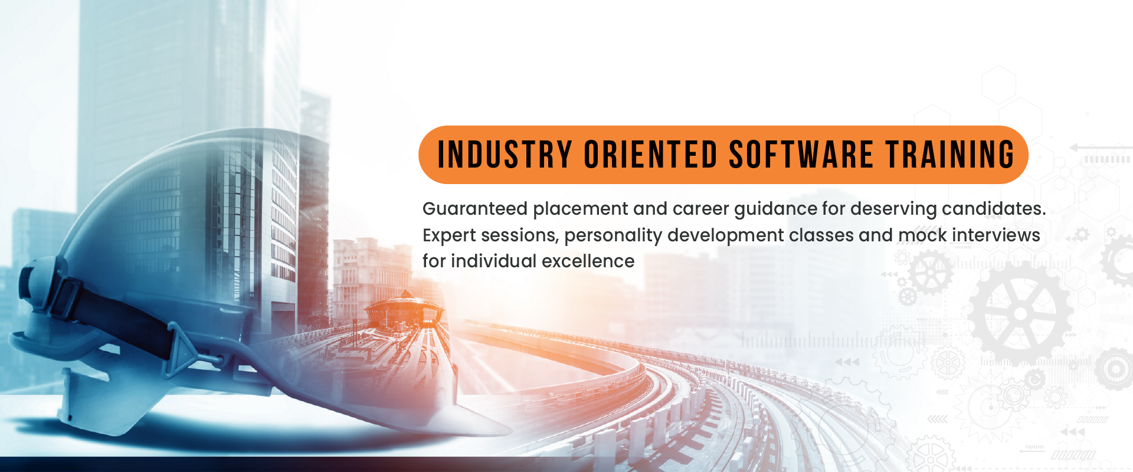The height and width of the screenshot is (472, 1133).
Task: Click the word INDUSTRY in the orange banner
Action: click(x=505, y=155)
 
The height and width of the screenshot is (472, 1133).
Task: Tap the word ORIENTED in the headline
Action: click(x=650, y=155)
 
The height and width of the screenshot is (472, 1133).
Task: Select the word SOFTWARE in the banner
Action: click(x=801, y=155)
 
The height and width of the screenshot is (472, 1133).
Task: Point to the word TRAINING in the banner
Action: click(x=950, y=155)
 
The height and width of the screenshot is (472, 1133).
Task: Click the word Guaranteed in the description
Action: click(x=475, y=209)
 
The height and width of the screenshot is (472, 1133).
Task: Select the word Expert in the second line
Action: click(x=449, y=236)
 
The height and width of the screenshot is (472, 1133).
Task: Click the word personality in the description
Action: click(x=613, y=236)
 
